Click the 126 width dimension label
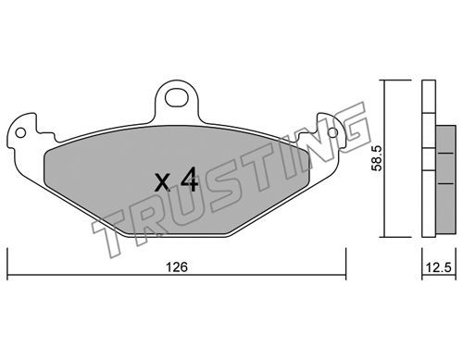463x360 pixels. click(177, 267)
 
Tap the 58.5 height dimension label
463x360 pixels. click(377, 158)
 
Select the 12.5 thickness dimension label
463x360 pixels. click(439, 267)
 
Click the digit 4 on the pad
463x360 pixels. click(189, 180)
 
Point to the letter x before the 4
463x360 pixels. click(163, 182)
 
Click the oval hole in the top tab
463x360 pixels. click(177, 98)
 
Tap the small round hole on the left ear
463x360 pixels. click(20, 133)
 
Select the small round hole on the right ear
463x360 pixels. click(333, 133)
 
